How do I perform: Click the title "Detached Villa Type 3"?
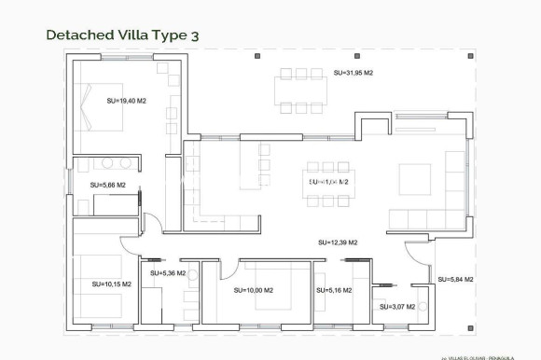pyautogui.click(x=122, y=35)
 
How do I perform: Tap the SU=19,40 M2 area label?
pyautogui.click(x=126, y=101)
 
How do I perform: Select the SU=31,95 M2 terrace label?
pyautogui.click(x=354, y=73)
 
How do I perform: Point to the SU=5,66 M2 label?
pyautogui.click(x=107, y=185)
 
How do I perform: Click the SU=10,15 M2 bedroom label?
pyautogui.click(x=111, y=284)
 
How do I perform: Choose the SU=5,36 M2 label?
pyautogui.click(x=167, y=273)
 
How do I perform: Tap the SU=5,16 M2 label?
pyautogui.click(x=334, y=290)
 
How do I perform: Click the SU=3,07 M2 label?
pyautogui.click(x=395, y=306)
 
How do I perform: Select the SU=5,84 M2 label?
pyautogui.click(x=455, y=279)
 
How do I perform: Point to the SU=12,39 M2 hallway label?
pyautogui.click(x=338, y=242)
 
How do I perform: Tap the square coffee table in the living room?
pyautogui.click(x=415, y=178)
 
